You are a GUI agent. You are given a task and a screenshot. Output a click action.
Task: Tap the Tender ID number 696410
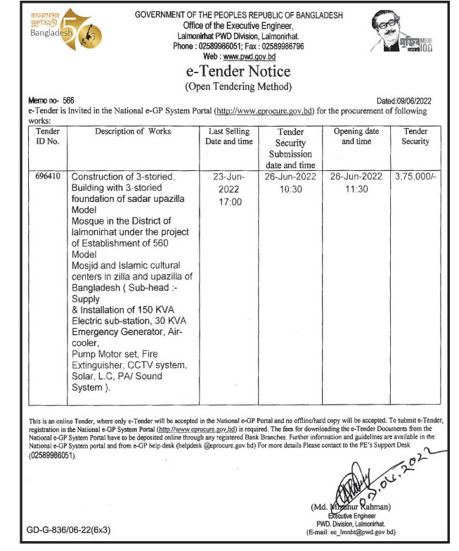(46, 177)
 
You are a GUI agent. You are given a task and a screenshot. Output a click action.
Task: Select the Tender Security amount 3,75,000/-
(415, 177)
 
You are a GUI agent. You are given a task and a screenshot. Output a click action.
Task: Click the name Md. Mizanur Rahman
(352, 507)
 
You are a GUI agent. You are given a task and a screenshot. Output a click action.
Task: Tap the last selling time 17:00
(228, 202)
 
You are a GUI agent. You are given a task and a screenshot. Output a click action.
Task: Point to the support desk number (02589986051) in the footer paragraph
(52, 455)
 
